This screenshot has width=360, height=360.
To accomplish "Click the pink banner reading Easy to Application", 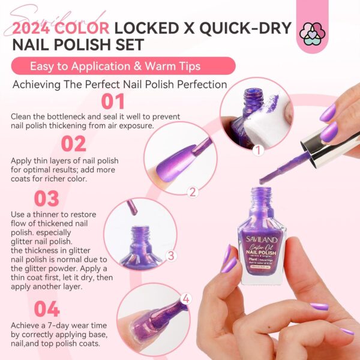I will coord(123,65).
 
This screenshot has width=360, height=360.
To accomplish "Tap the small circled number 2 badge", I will coord(193,191).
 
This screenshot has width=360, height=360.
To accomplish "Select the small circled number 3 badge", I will coord(171,256).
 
